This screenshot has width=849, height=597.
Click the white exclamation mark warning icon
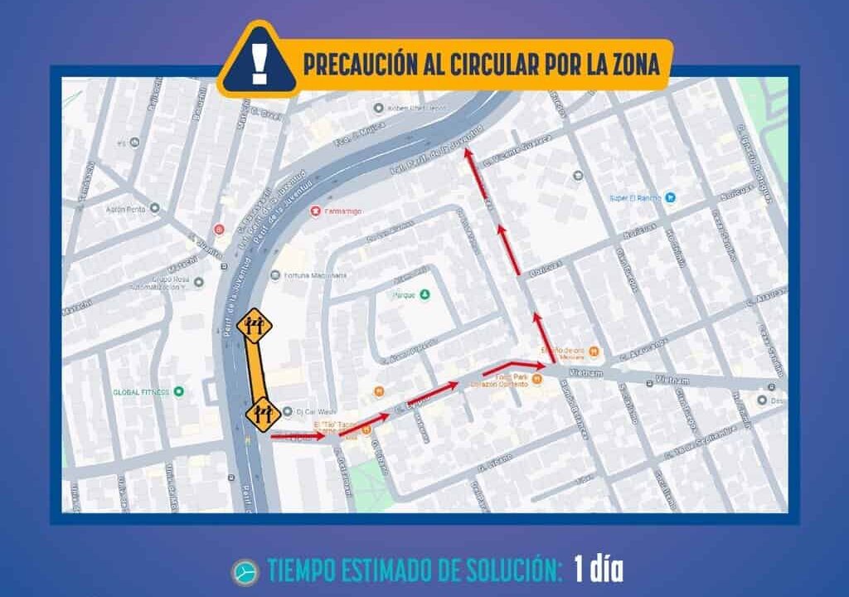tap(260, 63)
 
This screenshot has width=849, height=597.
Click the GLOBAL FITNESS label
tap(142, 391)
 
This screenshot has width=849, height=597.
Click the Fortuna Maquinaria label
tap(314, 275)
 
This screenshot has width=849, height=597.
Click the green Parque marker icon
tap(425, 294)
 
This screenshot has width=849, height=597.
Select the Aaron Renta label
tap(126, 209)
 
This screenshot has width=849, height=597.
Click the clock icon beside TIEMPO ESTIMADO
tap(245, 572)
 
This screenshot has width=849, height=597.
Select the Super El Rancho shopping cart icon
tap(671, 197)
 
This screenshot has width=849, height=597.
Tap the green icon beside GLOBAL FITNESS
tap(178, 391)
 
